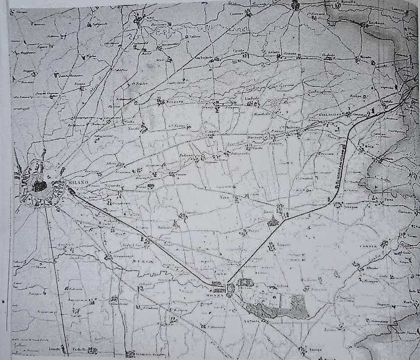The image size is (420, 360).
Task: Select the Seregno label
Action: tap(348, 205)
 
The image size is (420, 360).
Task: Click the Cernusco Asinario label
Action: tap(143, 355)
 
